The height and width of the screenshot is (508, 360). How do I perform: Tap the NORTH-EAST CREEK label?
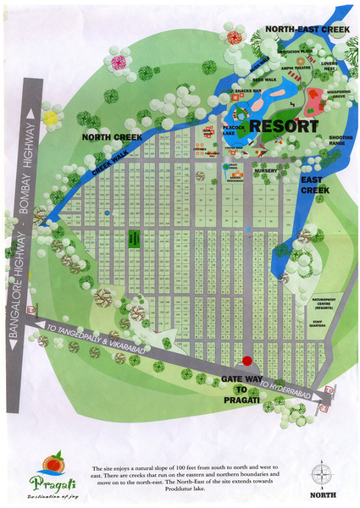(306, 28)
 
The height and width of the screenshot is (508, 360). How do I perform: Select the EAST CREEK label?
(314, 185)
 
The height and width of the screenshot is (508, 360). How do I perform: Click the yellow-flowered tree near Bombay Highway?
(50, 118)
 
